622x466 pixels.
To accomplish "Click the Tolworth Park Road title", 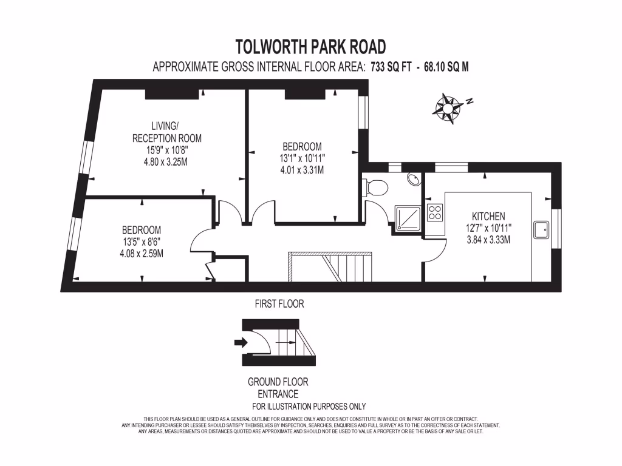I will coord(310,46).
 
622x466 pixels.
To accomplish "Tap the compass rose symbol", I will coord(448,107).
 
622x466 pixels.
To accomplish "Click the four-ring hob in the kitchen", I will coord(435,212).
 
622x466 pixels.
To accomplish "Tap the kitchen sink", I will coord(541,229).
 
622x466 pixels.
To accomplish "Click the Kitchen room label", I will coord(488,216).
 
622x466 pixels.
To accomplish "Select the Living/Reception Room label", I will coord(167,132).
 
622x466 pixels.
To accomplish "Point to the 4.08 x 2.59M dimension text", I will coord(142,253).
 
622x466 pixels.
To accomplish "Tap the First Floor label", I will coord(279,303).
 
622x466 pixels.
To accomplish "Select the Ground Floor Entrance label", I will coord(278,388).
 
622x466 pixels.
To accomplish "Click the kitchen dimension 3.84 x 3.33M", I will coord(488,239).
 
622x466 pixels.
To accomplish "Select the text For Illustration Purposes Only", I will coord(309,407).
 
